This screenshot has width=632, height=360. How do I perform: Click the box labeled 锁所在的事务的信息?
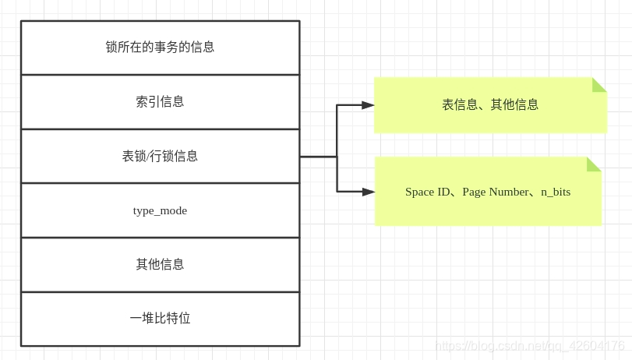pos(160,48)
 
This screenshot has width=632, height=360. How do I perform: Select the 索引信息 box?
pos(160,102)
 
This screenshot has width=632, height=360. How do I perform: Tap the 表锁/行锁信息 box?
pos(160,156)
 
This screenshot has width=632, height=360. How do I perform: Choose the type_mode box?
pos(160,210)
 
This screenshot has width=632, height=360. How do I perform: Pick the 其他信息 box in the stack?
pos(160,264)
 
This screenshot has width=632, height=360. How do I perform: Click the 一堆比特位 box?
pos(160,319)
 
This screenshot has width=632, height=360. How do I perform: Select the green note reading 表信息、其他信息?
pos(490,105)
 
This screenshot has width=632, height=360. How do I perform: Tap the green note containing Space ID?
pos(488,192)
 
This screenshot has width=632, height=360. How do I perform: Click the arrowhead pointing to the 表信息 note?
pos(368,105)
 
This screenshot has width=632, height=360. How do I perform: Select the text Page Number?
pos(495,192)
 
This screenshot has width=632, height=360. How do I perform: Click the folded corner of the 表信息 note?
pos(598,85)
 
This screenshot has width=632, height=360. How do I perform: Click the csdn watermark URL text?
pos(530,345)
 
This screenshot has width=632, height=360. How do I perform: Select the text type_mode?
pos(160,210)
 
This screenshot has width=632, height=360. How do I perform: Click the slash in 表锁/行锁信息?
pos(148,156)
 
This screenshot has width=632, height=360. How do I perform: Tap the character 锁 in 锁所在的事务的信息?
pos(112,48)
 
